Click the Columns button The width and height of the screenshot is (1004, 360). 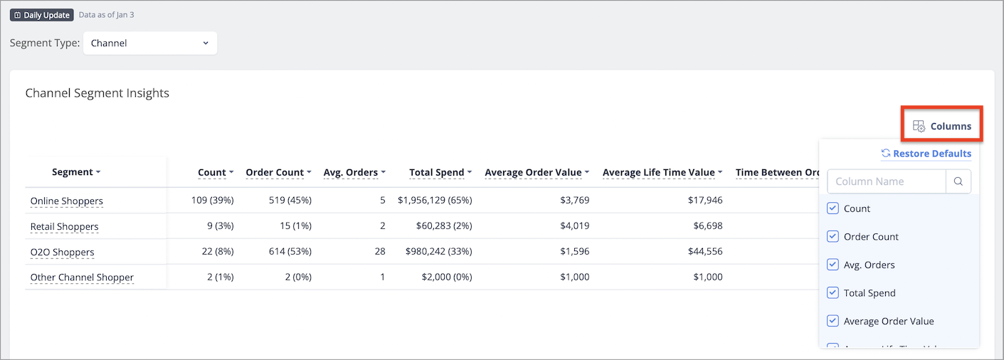(941, 126)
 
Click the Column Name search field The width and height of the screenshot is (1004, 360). (886, 181)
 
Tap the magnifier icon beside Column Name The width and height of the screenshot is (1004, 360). (958, 181)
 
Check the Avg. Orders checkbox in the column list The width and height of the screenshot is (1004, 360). (833, 265)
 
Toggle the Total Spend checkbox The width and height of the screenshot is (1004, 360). (833, 292)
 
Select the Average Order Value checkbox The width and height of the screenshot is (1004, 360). (833, 321)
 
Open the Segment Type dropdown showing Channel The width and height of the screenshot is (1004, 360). (150, 43)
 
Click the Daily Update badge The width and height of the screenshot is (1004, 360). (42, 15)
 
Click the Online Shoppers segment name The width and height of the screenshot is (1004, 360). (67, 201)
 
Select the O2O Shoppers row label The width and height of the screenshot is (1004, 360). (63, 252)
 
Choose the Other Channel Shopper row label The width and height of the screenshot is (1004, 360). (82, 277)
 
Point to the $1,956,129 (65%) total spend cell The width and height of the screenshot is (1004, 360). (435, 200)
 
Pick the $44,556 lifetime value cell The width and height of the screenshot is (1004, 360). (705, 252)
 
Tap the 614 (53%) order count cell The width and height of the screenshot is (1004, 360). (290, 252)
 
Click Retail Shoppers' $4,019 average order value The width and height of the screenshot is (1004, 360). (575, 226)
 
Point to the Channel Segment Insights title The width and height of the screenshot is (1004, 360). (97, 92)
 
